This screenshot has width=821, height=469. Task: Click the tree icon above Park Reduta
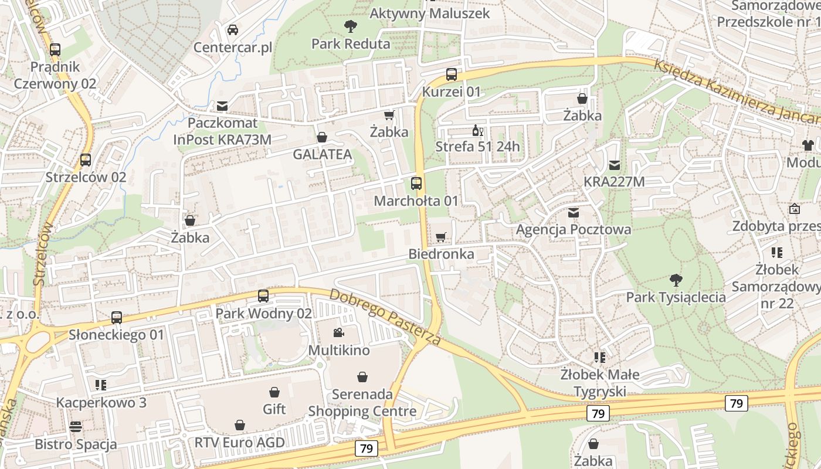[351, 26]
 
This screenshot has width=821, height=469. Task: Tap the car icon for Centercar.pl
[233, 29]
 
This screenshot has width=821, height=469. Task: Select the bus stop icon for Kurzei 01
[452, 74]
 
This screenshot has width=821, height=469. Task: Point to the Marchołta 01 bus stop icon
[416, 183]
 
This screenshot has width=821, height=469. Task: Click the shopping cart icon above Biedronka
[441, 237]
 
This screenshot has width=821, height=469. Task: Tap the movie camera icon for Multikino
[338, 333]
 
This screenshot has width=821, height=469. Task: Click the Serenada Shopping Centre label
[362, 403]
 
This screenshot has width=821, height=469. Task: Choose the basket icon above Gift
[274, 392]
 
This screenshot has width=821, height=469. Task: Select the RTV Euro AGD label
[239, 442]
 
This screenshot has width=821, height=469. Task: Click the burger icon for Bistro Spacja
[76, 426]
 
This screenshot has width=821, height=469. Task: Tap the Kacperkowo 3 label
[101, 403]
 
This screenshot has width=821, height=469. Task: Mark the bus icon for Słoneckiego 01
[117, 318]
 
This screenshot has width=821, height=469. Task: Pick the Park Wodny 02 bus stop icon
[263, 296]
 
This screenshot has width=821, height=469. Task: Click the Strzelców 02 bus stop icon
[86, 159]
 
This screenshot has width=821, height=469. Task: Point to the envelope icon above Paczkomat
[222, 106]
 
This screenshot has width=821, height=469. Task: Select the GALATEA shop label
[323, 155]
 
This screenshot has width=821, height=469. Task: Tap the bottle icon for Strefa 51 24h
[477, 130]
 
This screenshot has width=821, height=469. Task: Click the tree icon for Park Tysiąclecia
[676, 280]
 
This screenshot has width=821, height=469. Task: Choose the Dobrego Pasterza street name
[385, 317]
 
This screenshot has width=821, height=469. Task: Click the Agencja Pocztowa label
[574, 229]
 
